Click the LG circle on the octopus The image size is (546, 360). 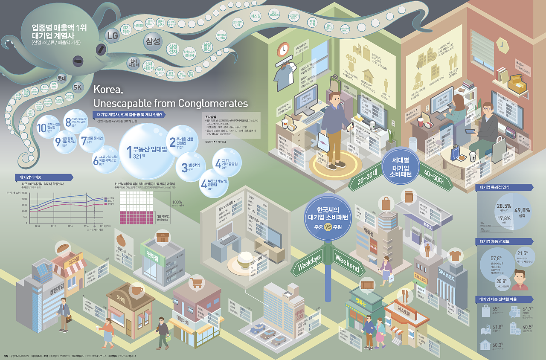coord(112,35)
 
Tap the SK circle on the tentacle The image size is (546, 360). coord(77,87)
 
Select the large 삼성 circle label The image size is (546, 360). coord(153,41)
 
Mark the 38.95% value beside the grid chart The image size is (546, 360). coord(163,217)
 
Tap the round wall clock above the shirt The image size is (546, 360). coord(283,49)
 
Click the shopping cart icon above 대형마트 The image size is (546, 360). coord(196,283)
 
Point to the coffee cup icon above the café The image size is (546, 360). coord(136,290)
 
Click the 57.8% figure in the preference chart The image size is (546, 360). coord(496,259)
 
